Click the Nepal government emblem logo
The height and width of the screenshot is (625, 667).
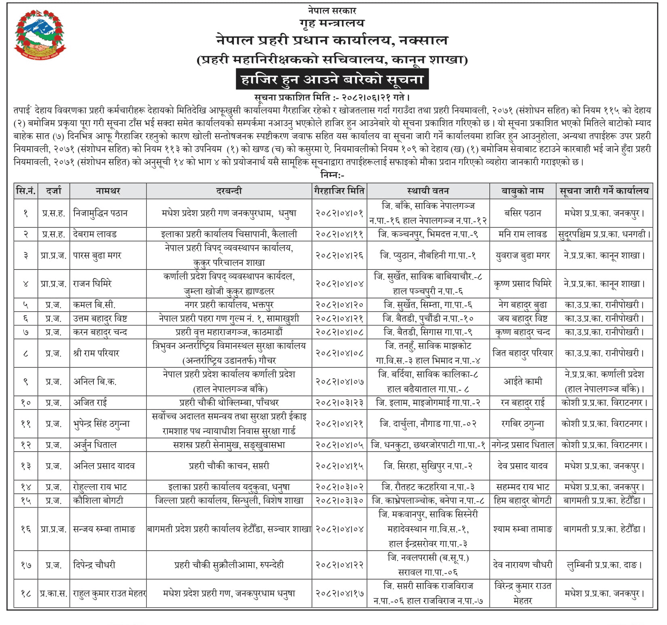[40, 36]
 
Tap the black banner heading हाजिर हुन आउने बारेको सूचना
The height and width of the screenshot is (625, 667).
[332, 79]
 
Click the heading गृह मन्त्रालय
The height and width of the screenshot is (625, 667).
[332, 23]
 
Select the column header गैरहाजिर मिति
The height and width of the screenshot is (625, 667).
[339, 191]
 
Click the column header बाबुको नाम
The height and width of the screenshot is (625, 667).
[522, 191]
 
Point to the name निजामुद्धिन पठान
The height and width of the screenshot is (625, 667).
[100, 213]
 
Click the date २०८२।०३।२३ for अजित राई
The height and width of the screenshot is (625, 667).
[339, 403]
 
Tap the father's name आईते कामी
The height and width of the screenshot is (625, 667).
[522, 381]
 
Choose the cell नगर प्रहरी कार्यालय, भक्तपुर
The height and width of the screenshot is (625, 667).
[229, 304]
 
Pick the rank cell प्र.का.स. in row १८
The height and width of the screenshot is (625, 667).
[53, 593]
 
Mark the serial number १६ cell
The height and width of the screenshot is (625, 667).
[25, 529]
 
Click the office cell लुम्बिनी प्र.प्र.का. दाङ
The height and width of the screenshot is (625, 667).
[604, 565]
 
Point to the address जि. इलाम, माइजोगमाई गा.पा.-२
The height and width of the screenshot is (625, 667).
[428, 403]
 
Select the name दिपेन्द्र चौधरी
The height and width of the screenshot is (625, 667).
[94, 565]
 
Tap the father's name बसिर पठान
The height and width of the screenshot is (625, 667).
[522, 213]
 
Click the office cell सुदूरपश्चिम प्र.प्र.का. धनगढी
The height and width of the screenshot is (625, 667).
[604, 234]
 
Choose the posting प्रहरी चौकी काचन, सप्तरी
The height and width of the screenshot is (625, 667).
[229, 466]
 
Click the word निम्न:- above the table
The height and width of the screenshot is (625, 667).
[332, 175]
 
